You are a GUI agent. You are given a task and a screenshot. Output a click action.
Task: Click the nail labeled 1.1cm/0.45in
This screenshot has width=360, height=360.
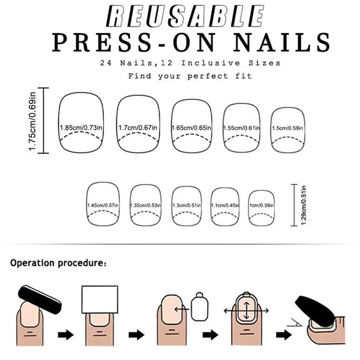point(227,205)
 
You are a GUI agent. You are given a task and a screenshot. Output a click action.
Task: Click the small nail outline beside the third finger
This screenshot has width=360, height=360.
point(200,308)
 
